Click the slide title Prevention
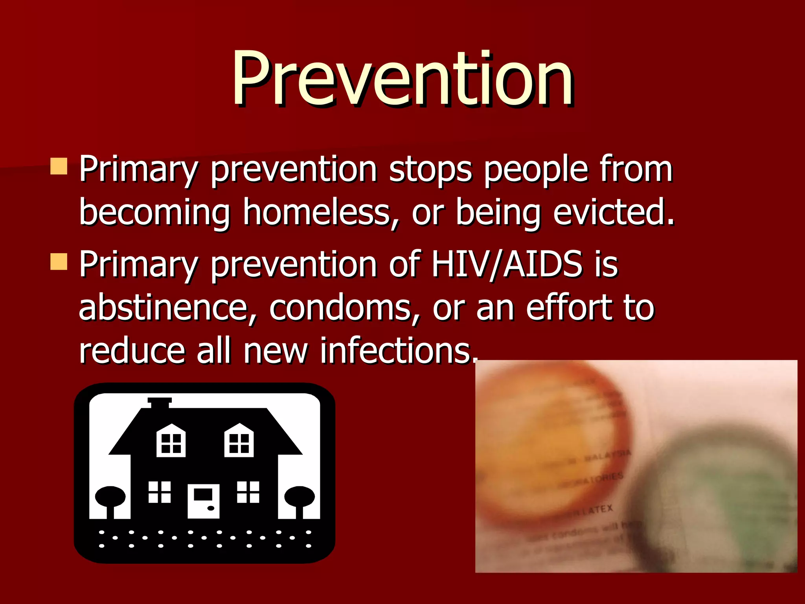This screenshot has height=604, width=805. [402, 79]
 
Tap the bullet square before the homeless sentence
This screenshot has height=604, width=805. [59, 166]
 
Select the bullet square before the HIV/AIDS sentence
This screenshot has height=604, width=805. [59, 261]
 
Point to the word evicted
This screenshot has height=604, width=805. [613, 212]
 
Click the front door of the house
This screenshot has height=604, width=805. [203, 501]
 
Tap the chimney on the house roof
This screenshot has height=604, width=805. [160, 403]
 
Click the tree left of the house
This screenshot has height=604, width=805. [110, 499]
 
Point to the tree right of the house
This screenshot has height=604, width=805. [300, 499]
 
